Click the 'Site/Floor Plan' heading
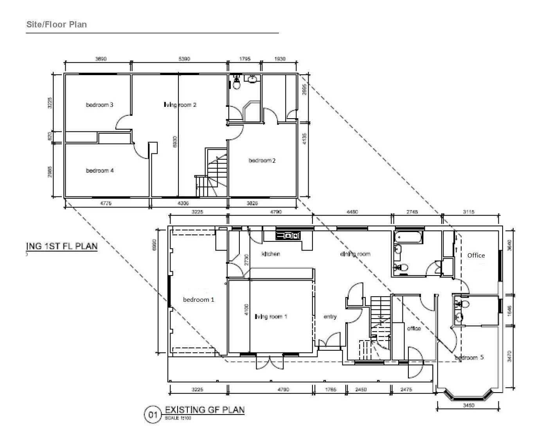point(56,25)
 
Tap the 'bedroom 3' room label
point(100,105)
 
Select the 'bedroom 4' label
point(100,171)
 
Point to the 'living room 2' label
point(180,105)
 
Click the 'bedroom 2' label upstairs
point(262,160)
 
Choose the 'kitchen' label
point(271,254)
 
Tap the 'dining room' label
point(355,254)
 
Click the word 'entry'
point(330,317)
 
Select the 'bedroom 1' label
point(199,299)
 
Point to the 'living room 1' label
point(271,317)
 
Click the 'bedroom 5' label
point(469,358)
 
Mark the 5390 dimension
point(184,59)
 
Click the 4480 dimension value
point(352,212)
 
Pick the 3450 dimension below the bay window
point(469,405)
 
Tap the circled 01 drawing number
point(152,414)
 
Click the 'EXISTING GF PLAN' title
point(205,410)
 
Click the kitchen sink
point(289,236)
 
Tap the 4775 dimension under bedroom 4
point(106,203)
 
